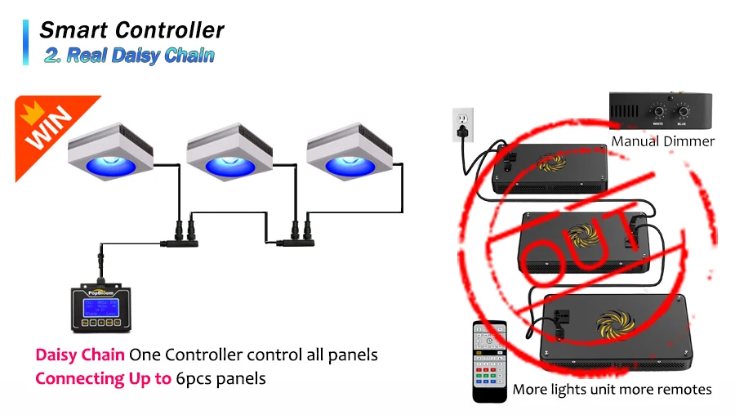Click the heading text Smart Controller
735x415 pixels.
131,30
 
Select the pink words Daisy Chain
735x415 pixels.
79,355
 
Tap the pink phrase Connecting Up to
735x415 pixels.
103,378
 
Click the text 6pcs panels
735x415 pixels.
220,378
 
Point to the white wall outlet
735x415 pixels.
463,123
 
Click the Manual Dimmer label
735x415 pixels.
663,141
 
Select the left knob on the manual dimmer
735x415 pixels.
655,112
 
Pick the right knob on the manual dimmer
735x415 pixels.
682,112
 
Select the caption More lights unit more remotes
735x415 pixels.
612,389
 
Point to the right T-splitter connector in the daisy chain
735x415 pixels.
292,242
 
